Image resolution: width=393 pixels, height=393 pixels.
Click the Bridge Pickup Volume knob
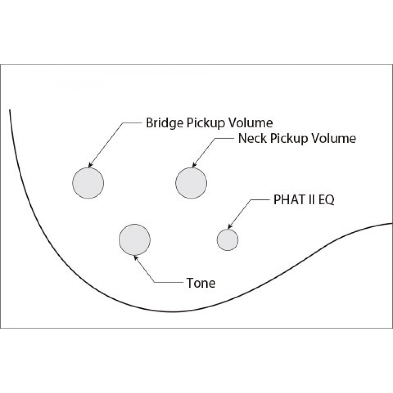pos(88,183)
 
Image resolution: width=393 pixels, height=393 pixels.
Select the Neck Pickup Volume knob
pos(191,183)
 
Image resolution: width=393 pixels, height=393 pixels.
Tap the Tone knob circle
pos(134,239)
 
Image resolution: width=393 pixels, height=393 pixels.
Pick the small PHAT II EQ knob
pos(228,239)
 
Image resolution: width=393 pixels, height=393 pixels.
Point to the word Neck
pos(251,138)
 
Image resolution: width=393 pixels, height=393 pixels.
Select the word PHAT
pos(288,200)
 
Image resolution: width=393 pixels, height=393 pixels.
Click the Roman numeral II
pos(311,200)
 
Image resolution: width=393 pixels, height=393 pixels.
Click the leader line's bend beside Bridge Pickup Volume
pos(123,123)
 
